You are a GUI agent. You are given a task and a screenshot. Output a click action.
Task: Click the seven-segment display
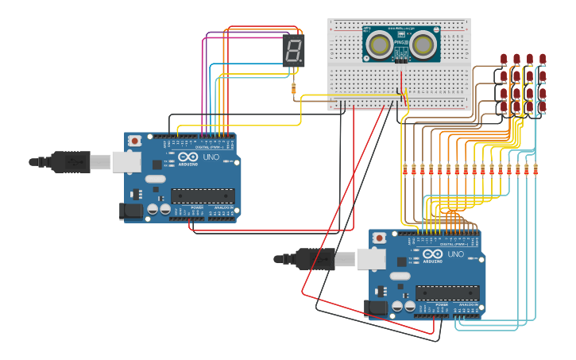tap(293, 51)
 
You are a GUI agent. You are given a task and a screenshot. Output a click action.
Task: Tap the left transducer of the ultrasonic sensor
tap(381, 44)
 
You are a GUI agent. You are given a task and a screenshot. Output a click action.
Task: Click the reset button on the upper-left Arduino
tap(135, 141)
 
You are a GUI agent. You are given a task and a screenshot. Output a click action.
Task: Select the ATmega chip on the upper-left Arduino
tap(203, 195)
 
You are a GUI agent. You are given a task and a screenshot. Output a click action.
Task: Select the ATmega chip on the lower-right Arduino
tap(447, 292)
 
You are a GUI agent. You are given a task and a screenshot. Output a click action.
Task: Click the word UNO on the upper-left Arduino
tap(211, 157)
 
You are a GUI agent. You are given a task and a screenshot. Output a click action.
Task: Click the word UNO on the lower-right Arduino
tap(456, 254)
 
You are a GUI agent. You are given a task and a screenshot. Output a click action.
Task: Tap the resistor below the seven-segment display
tap(295, 87)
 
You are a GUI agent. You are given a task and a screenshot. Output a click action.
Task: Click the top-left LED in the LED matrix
tap(504, 59)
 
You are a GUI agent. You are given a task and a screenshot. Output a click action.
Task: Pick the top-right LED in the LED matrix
tap(543, 59)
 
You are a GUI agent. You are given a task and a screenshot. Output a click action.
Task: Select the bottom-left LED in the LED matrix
tap(504, 106)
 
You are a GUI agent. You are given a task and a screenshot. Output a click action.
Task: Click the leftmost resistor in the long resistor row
tap(404, 168)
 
